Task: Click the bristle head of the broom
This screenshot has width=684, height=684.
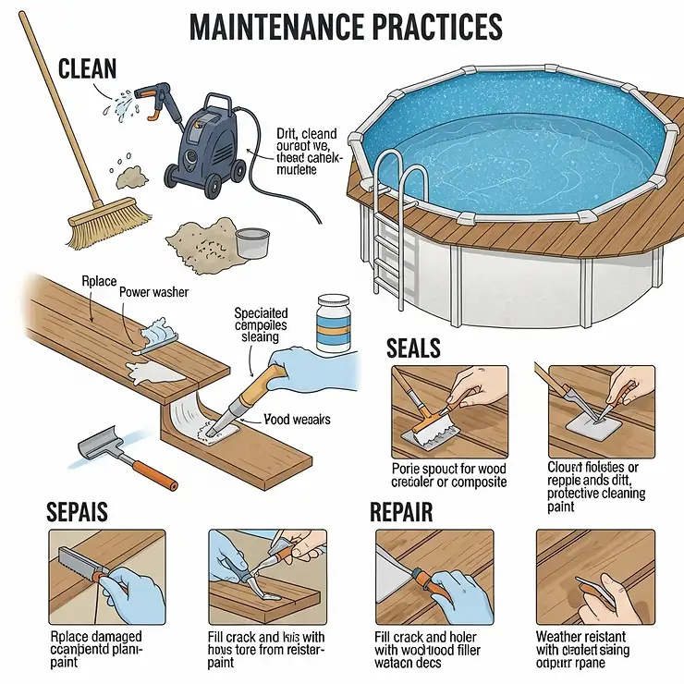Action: (110, 219)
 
